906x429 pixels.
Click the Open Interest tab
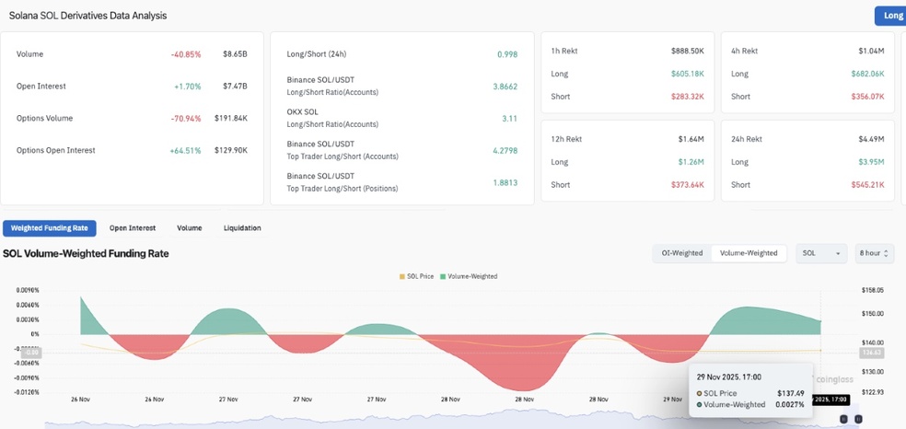pyautogui.click(x=133, y=227)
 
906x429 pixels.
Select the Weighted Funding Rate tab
pyautogui.click(x=50, y=227)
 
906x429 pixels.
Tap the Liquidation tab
pyautogui.click(x=242, y=227)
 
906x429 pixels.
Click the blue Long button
pyautogui.click(x=891, y=16)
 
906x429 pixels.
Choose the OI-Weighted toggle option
pyautogui.click(x=682, y=252)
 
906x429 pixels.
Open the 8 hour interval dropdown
pyautogui.click(x=874, y=252)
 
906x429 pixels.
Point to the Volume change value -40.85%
pyautogui.click(x=186, y=54)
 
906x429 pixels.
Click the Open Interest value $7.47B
pyautogui.click(x=235, y=87)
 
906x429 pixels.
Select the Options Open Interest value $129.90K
pyautogui.click(x=231, y=150)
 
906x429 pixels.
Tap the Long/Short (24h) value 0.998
pyautogui.click(x=506, y=54)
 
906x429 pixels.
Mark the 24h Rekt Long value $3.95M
pyautogui.click(x=866, y=162)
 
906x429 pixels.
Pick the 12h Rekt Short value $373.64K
pyautogui.click(x=683, y=185)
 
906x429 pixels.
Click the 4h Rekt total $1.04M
pyautogui.click(x=870, y=51)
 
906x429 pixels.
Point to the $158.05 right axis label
pyautogui.click(x=872, y=289)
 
